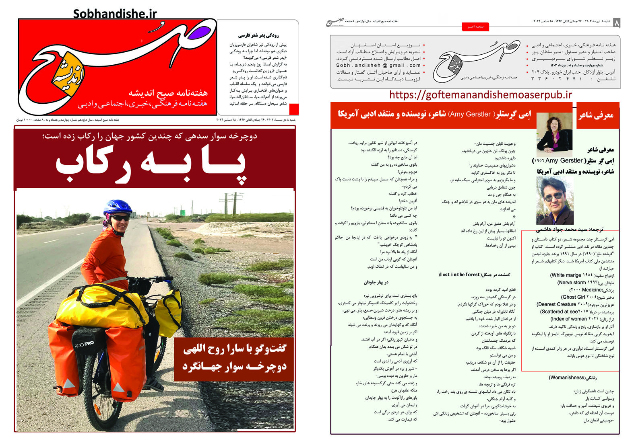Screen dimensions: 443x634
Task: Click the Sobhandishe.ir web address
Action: coord(115,14)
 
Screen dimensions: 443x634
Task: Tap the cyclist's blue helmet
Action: coord(117,206)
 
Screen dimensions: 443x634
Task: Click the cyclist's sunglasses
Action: coord(119,218)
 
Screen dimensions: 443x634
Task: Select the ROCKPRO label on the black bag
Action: coord(83,344)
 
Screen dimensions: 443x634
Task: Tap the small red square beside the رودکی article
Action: coord(294,109)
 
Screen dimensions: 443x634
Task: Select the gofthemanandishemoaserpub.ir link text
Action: coord(480,95)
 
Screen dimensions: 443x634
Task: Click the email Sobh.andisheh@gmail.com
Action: coord(378,65)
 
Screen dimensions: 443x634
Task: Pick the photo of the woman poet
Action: coord(554,134)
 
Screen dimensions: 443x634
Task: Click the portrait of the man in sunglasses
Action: coord(554,201)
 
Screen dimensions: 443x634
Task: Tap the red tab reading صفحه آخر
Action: coord(475,27)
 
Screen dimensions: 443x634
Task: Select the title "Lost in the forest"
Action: coord(459,275)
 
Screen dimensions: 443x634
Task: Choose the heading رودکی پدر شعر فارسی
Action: coord(258,35)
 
